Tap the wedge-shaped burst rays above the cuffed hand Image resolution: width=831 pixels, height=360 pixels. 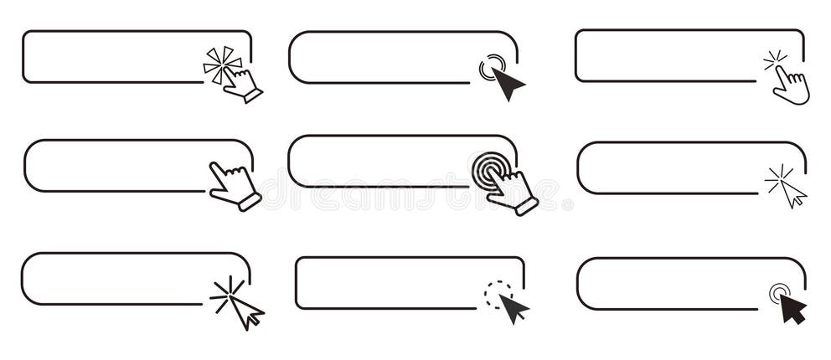[221, 63]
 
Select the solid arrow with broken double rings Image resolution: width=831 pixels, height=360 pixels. [507, 83]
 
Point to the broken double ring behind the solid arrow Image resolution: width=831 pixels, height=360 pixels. [491, 66]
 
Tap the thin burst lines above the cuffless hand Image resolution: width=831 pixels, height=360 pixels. [775, 60]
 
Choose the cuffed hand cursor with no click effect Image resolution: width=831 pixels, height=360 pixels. [234, 183]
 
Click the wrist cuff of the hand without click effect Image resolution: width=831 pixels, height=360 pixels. [250, 202]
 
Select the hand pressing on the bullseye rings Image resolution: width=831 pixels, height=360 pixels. [512, 189]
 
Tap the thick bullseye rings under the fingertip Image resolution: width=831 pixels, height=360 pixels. [488, 170]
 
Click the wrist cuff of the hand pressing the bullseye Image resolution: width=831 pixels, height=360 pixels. [527, 206]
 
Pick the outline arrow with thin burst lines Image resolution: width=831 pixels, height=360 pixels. [792, 193]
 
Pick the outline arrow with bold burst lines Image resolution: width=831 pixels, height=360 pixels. [246, 312]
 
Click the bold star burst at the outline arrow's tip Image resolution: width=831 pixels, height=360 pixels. [227, 294]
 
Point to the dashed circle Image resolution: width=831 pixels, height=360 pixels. [497, 294]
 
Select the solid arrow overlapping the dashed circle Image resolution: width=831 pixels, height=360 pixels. [513, 308]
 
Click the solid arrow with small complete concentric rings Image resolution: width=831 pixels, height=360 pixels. [792, 308]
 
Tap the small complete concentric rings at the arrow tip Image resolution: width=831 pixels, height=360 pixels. [779, 293]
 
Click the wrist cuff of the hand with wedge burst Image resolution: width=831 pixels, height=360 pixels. [253, 96]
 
